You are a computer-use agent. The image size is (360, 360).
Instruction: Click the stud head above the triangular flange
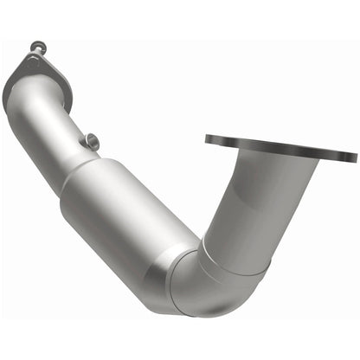coord(35,46)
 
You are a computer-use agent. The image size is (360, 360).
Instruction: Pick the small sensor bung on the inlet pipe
coord(89,140)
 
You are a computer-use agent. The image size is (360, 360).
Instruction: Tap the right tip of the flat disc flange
coord(354,157)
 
